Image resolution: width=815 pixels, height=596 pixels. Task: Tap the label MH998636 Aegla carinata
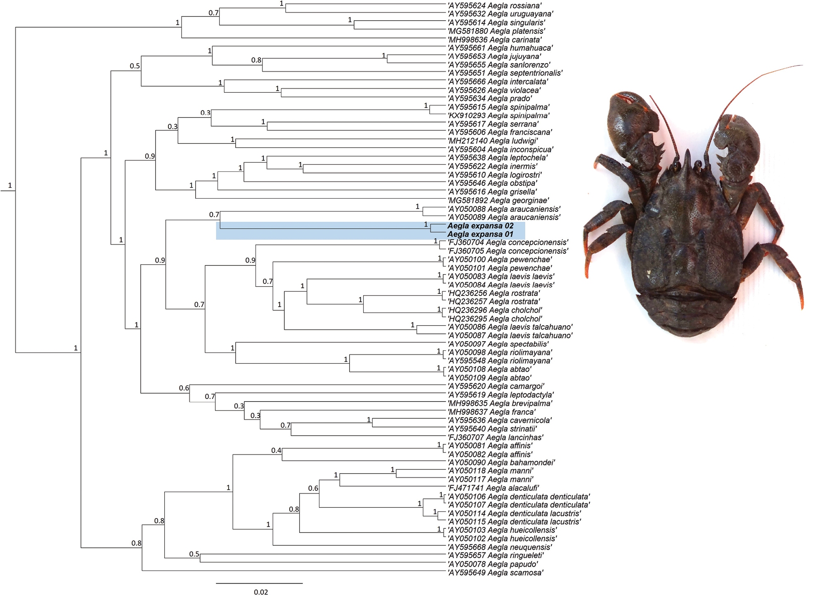pos(494,40)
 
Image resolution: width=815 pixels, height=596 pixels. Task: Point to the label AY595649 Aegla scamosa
pos(495,573)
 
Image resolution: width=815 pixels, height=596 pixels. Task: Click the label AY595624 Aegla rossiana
pos(494,6)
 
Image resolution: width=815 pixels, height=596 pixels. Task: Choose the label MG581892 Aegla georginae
pos(498,201)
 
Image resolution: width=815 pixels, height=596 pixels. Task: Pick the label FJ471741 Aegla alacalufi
pos(493,488)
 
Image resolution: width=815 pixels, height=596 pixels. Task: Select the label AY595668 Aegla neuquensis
pos(500,547)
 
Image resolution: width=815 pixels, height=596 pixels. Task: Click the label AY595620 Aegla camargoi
pos(496,386)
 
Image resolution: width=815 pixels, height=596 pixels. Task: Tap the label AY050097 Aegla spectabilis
pos(498,344)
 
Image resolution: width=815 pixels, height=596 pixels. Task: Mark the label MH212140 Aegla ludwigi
pos(493,141)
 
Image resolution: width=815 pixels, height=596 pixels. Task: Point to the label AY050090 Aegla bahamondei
pos(501,462)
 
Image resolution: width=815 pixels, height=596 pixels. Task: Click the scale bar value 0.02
pos(260,592)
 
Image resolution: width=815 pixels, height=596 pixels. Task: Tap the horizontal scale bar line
pos(259,583)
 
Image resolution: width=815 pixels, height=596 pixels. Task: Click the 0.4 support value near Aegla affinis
pos(276,451)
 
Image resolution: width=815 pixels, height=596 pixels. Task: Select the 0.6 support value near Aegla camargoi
pos(184,388)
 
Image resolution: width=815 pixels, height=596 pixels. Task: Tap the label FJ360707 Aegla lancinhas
pos(496,437)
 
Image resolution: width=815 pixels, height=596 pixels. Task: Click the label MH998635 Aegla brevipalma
pos(500,404)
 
